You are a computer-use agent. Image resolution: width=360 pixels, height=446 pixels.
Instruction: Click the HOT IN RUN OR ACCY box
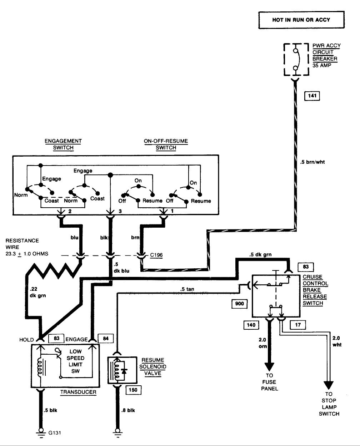(x=301, y=20)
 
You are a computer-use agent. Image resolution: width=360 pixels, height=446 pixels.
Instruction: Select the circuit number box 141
(x=312, y=96)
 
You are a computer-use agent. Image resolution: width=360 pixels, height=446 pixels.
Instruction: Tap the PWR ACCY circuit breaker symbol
(x=296, y=60)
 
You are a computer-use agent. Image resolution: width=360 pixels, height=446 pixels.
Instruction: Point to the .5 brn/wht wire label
(x=312, y=162)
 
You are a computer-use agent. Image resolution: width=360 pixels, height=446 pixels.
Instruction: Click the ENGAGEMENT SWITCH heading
(x=63, y=144)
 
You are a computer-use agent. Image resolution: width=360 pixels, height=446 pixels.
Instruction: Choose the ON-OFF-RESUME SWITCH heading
(x=166, y=144)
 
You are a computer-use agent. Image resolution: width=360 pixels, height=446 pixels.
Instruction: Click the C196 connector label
(x=156, y=255)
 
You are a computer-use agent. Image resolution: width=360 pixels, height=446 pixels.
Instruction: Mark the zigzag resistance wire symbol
(x=53, y=270)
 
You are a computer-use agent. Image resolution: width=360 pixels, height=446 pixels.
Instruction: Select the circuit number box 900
(x=239, y=304)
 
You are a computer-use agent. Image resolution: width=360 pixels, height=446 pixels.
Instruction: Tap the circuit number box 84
(x=106, y=339)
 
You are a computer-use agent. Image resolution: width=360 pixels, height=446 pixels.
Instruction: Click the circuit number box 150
(x=133, y=390)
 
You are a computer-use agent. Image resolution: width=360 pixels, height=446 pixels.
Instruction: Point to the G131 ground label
(x=55, y=433)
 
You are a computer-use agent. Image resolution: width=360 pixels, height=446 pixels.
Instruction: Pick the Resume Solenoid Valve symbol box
(x=122, y=370)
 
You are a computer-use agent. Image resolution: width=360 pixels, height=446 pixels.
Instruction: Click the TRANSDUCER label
(x=78, y=392)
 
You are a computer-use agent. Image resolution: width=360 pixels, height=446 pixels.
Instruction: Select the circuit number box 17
(x=298, y=325)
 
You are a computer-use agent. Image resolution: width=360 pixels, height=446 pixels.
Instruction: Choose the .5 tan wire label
(x=187, y=289)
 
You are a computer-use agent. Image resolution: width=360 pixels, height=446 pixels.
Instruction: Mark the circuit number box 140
(x=251, y=325)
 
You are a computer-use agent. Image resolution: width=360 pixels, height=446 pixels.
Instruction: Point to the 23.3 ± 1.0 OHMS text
(x=27, y=254)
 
